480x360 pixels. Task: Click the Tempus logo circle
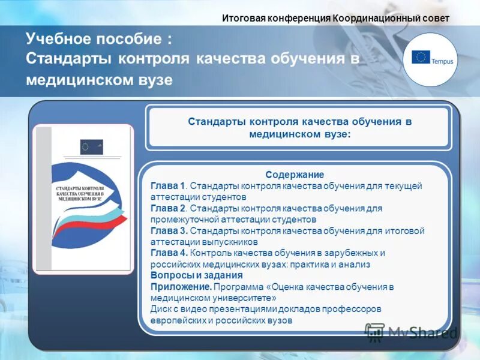coord(430,59)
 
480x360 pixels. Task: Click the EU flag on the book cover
coord(91,146)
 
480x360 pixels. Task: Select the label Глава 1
coord(169,186)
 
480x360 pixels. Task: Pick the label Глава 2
coord(169,208)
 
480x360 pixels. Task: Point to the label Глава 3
coord(169,231)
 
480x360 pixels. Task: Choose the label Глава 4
coord(169,253)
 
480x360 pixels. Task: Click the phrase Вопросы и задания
coord(196,276)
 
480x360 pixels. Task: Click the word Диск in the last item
coord(161,310)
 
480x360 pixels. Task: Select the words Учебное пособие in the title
coord(94,40)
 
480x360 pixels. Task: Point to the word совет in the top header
coord(434,18)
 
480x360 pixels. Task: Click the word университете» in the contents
coord(248,298)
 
